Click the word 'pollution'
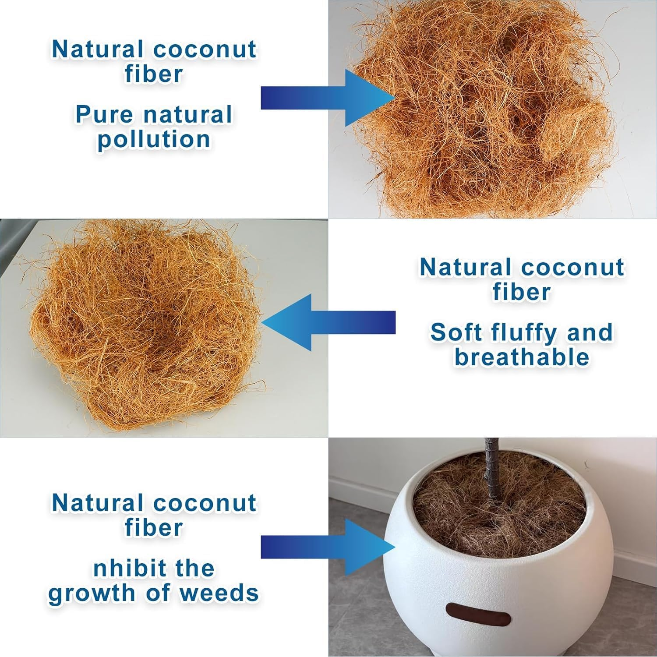pos(154,140)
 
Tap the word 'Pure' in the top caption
pos(104,114)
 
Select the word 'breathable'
pos(522,357)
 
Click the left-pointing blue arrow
pos(328,322)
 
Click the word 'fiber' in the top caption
pos(154,74)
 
